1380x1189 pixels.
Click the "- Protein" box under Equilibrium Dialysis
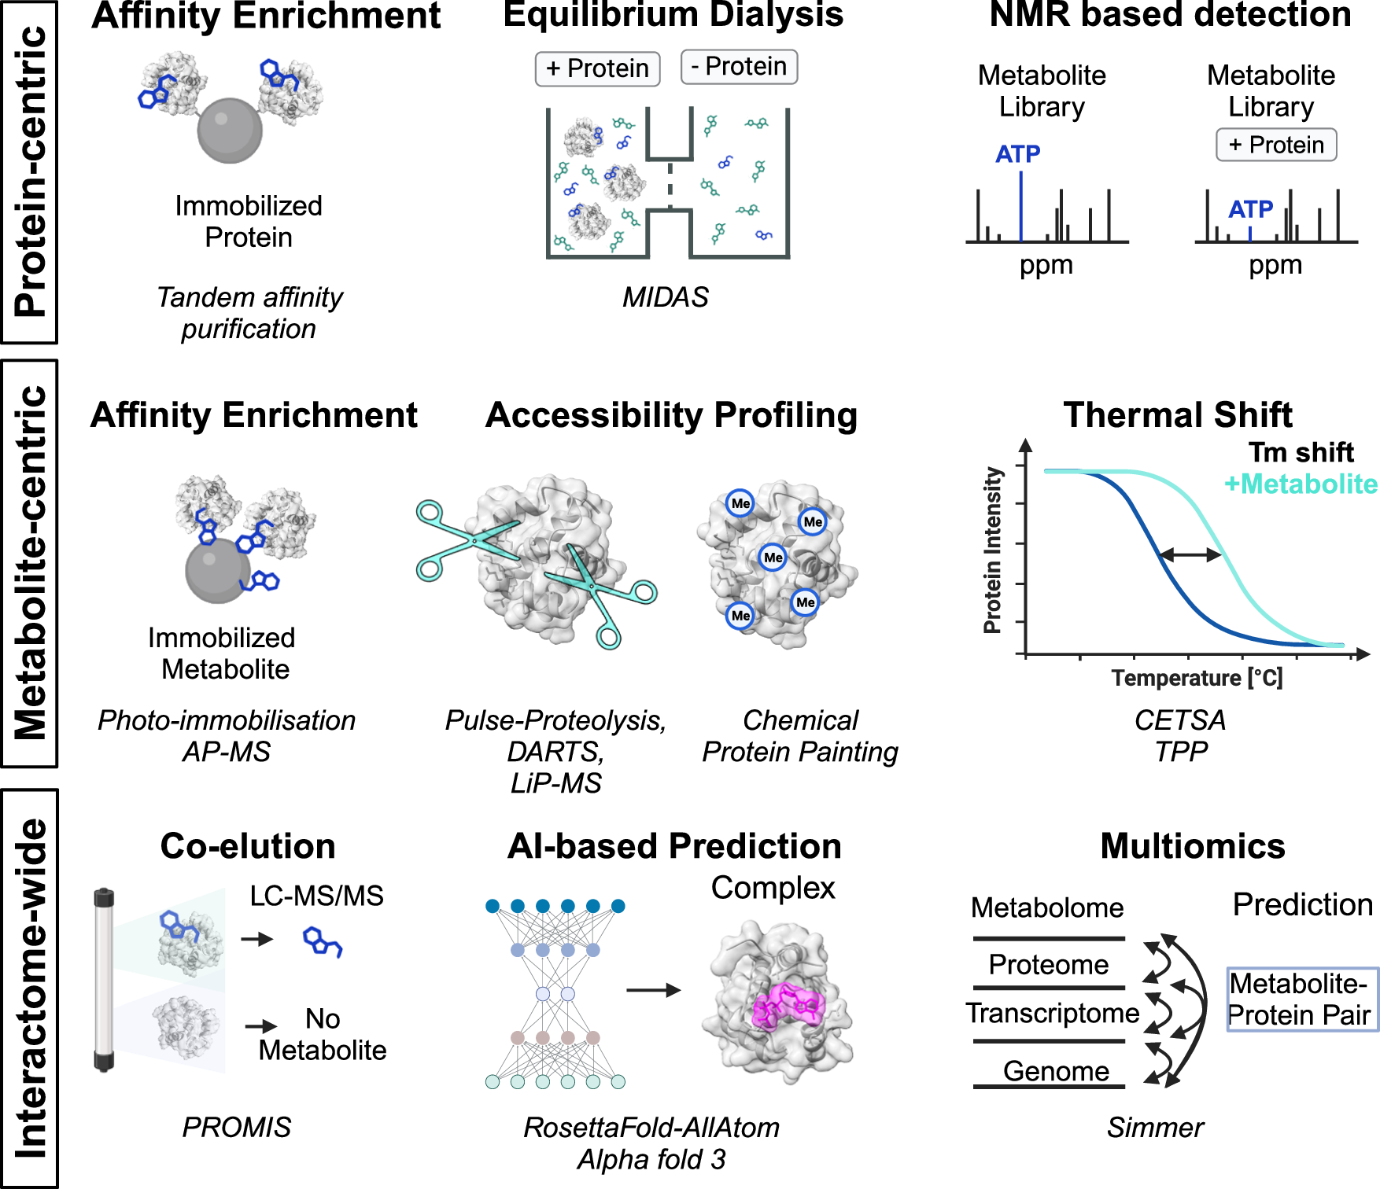click(x=739, y=67)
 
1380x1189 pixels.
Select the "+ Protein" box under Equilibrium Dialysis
click(x=597, y=69)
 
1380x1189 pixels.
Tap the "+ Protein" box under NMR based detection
click(x=1276, y=145)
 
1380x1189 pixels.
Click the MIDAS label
click(x=665, y=297)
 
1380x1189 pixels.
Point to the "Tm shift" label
click(x=1301, y=453)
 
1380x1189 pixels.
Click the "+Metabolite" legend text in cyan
click(x=1301, y=484)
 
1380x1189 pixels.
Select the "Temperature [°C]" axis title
click(x=1197, y=678)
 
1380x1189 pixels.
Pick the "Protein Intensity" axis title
click(x=993, y=550)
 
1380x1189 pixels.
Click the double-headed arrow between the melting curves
click(x=1190, y=555)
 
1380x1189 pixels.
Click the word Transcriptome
click(x=1053, y=1013)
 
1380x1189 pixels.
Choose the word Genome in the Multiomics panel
click(x=1056, y=1071)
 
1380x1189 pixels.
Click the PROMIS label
click(x=236, y=1128)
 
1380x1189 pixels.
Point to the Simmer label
click(x=1155, y=1128)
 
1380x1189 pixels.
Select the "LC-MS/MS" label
click(x=316, y=896)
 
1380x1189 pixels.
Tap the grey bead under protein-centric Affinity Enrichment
click(x=230, y=131)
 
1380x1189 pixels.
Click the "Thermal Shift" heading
click(x=1177, y=414)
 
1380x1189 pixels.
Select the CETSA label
click(x=1179, y=720)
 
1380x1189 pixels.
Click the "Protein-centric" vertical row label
click(x=30, y=171)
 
